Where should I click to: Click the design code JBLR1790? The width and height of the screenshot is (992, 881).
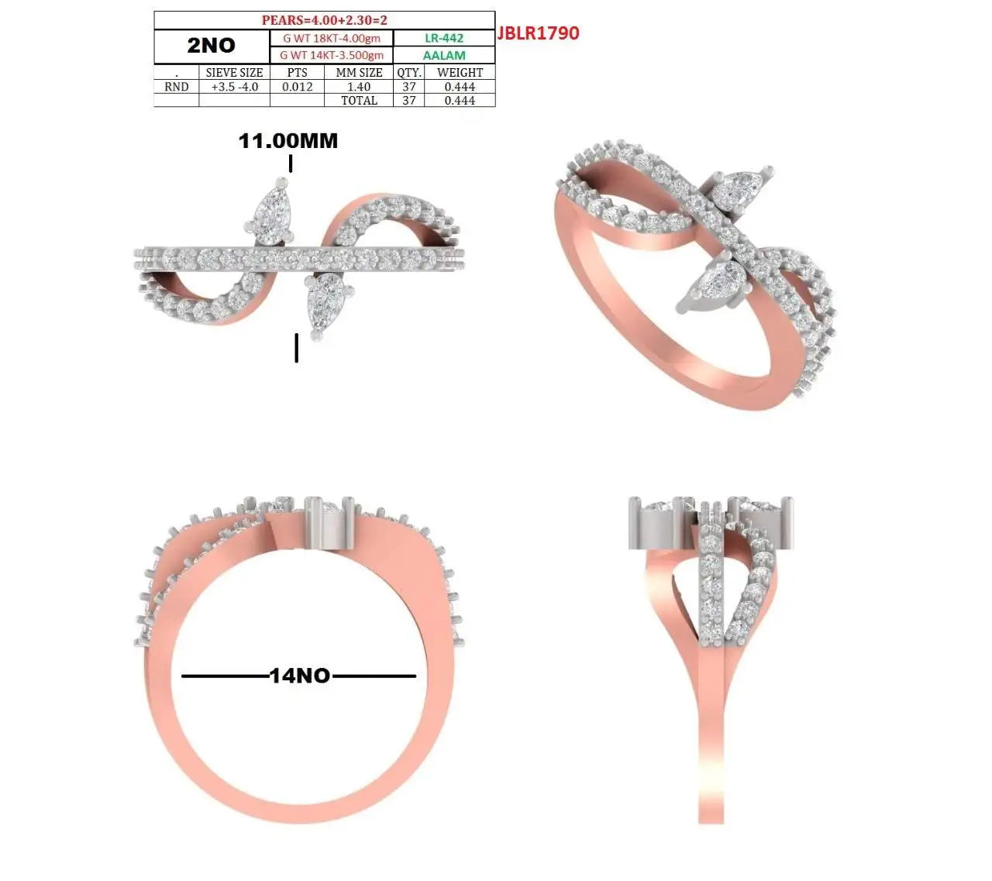(x=538, y=33)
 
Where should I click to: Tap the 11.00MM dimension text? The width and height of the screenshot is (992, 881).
(x=288, y=141)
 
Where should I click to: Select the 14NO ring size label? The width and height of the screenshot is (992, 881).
(x=299, y=676)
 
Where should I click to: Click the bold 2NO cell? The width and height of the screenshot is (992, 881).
(x=211, y=46)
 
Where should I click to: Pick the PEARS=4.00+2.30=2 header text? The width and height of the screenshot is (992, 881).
(x=324, y=20)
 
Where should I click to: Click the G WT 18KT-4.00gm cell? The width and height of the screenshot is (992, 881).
(x=332, y=38)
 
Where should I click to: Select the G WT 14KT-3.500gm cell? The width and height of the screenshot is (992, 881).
(x=332, y=55)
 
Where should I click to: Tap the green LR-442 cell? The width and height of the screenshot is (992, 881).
(x=444, y=38)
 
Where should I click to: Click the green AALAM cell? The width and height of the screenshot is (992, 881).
(x=444, y=55)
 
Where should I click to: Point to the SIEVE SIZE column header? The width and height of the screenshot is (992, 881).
(x=234, y=73)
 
